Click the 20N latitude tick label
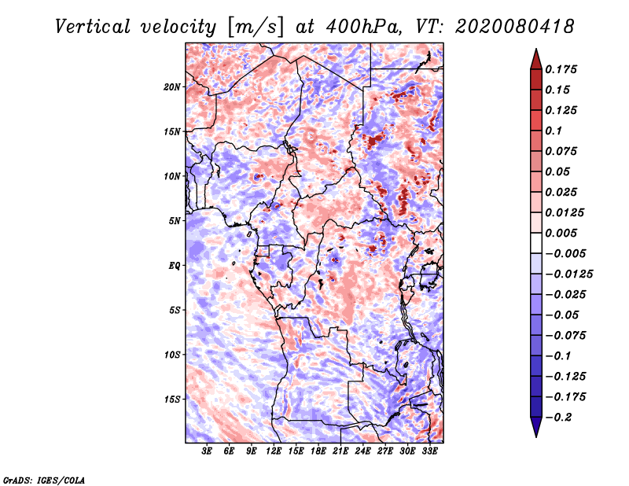(x=172, y=87)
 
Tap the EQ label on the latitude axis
(x=174, y=266)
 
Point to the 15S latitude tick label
(x=172, y=399)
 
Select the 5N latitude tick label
(x=175, y=221)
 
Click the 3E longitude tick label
(x=207, y=451)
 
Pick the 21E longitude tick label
(x=340, y=451)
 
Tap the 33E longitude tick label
(x=429, y=451)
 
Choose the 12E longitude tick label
(x=274, y=451)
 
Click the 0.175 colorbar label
(x=561, y=69)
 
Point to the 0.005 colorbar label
(x=561, y=233)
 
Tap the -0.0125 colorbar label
(x=568, y=274)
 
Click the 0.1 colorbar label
(x=554, y=131)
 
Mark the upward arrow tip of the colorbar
(x=536, y=49)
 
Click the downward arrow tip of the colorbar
(x=536, y=436)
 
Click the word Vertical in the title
(x=93, y=27)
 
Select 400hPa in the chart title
(x=364, y=27)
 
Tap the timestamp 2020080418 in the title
(x=515, y=27)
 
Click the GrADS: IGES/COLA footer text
(x=44, y=480)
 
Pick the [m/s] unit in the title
(x=256, y=28)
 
